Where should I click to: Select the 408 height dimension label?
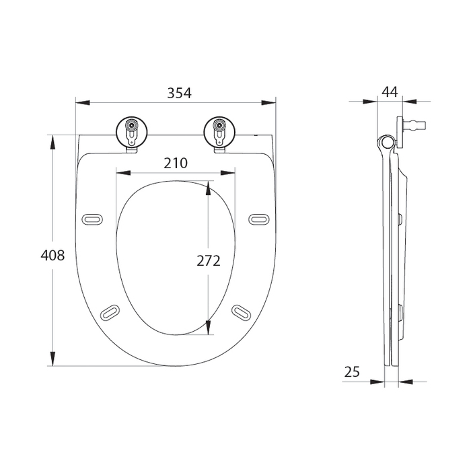coord(52,256)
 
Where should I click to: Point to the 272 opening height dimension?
coord(207,261)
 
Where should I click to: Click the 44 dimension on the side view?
coord(390,92)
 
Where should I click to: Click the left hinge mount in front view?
coord(131,131)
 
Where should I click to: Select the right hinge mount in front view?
coord(219,131)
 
